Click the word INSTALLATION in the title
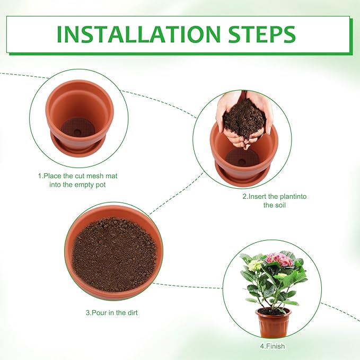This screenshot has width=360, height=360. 139,34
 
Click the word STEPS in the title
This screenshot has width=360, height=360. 262,34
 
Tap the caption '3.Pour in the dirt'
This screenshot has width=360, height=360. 112,313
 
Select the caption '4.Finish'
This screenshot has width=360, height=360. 273,346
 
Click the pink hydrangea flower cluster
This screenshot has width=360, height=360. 279,260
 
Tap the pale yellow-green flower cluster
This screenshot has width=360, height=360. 255,265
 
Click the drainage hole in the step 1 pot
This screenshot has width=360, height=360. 77,132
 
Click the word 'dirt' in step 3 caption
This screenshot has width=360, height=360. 132,313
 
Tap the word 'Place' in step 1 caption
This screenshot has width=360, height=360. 53,176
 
